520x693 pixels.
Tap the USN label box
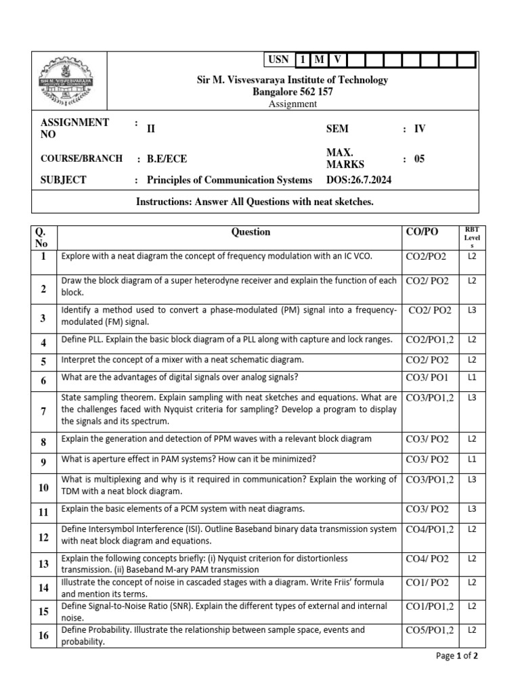click(278, 60)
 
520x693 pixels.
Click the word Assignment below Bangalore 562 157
click(292, 104)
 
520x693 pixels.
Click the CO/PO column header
click(421, 232)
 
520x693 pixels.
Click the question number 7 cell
click(43, 411)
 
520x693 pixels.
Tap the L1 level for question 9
click(472, 460)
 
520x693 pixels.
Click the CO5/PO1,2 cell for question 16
click(429, 630)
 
